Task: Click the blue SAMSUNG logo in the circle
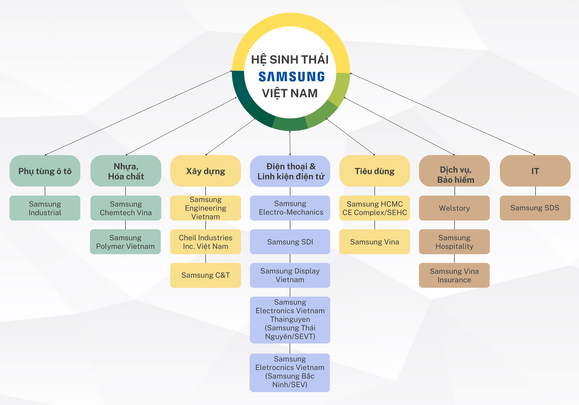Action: [291, 77]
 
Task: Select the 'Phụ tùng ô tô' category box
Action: [45, 171]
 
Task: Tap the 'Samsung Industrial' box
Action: [45, 208]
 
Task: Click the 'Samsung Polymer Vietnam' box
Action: [125, 242]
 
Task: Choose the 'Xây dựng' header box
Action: [205, 171]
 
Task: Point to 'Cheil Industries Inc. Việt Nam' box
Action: [205, 242]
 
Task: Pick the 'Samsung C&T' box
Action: [205, 275]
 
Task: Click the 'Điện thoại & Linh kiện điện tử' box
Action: [290, 171]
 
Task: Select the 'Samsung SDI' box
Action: [290, 242]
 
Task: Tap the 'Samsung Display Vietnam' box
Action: [290, 275]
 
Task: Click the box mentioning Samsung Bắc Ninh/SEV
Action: [290, 372]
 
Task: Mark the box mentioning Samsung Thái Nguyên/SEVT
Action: [290, 320]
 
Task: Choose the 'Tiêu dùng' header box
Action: [375, 171]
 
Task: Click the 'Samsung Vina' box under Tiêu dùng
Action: [375, 242]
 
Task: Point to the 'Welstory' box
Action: [454, 208]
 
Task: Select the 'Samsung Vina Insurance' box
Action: [454, 275]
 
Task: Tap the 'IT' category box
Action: [535, 171]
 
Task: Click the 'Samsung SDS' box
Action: [535, 208]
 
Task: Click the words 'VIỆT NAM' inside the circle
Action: [290, 93]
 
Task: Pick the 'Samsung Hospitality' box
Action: [454, 242]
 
